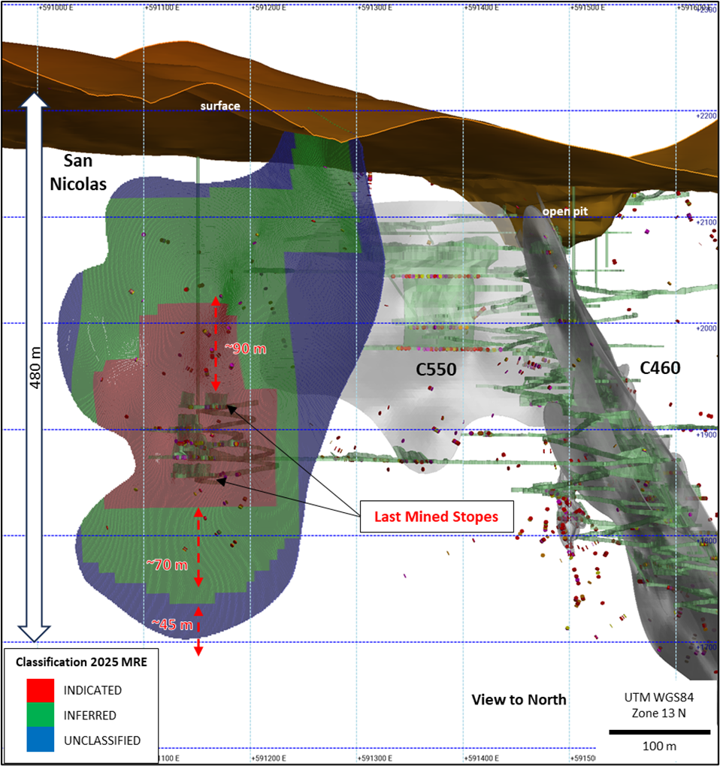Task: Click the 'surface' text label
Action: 220,106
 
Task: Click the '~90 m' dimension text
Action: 245,348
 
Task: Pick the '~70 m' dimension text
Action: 166,564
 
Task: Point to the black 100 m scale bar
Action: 659,731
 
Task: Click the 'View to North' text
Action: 519,700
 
